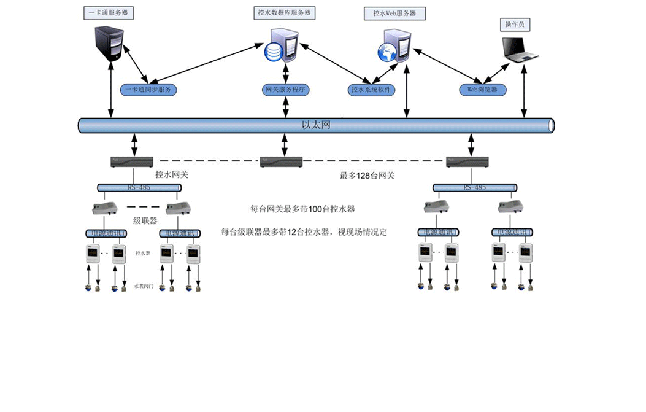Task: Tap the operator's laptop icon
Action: point(519,50)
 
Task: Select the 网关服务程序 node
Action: point(285,90)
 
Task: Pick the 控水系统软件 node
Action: point(372,90)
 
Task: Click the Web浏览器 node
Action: point(483,90)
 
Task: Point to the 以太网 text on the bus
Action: point(316,125)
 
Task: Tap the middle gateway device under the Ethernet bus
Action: point(282,162)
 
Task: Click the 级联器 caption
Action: point(145,220)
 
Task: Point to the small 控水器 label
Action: point(143,252)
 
